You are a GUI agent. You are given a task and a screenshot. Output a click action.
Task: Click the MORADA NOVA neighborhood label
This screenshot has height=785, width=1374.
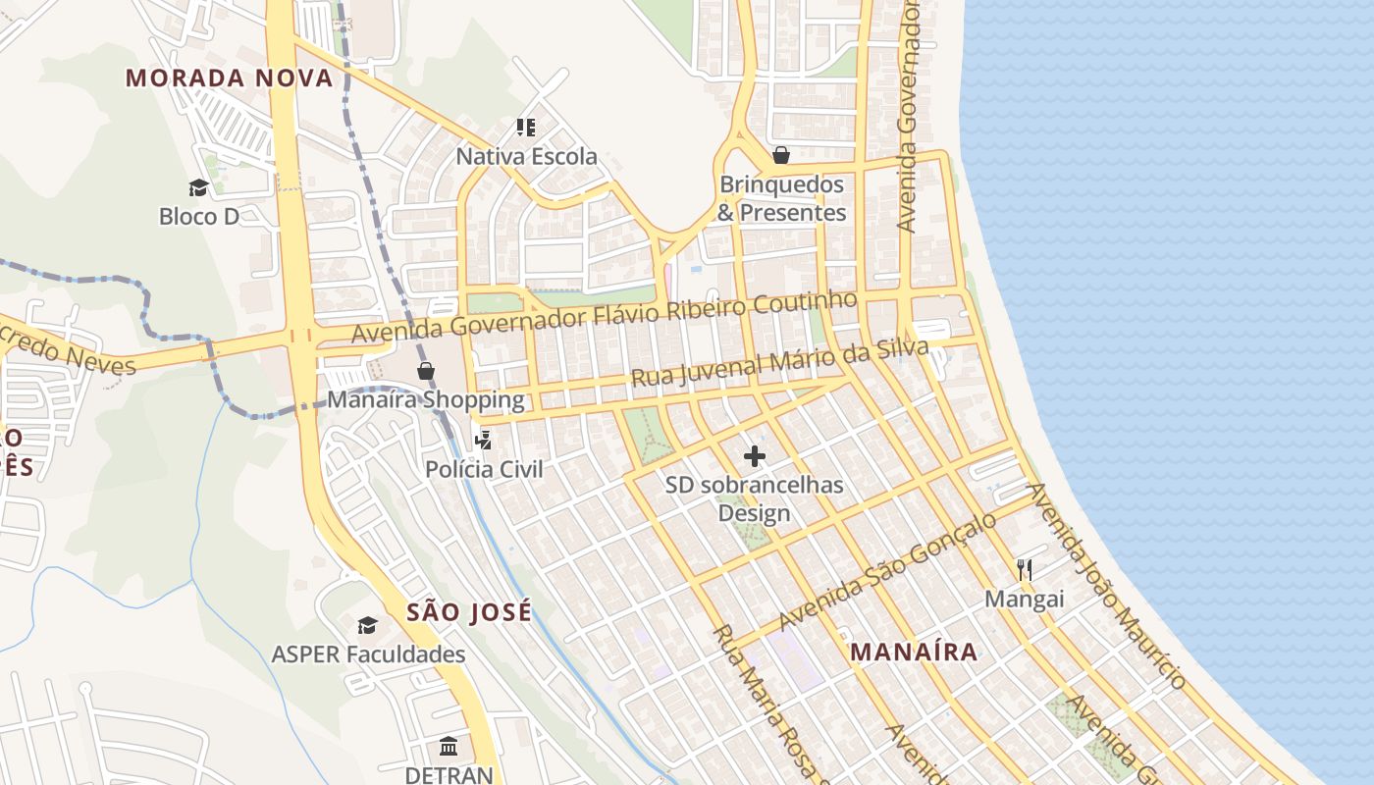(x=230, y=78)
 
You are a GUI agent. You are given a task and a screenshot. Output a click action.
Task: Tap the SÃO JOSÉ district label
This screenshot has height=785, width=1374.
(x=469, y=612)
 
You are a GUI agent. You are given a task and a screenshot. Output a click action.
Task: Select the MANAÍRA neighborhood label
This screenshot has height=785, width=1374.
(x=914, y=652)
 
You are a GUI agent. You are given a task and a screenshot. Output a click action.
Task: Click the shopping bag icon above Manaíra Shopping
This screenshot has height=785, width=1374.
(x=426, y=371)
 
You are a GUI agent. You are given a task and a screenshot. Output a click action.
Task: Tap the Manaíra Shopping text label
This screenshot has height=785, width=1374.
(x=426, y=399)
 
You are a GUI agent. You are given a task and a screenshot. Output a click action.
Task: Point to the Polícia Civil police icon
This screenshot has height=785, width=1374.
(x=483, y=441)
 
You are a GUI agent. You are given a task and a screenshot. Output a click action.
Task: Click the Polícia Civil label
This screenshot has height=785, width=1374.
(x=484, y=469)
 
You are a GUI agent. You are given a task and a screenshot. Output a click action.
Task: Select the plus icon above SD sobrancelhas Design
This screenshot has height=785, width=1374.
(x=755, y=456)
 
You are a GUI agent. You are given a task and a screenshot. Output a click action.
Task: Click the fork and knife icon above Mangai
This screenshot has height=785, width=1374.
(x=1025, y=570)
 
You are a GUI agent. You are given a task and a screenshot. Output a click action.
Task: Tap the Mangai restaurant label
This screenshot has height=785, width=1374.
(x=1025, y=599)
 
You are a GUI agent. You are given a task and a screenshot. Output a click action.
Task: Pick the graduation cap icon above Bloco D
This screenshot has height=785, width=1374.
(x=199, y=187)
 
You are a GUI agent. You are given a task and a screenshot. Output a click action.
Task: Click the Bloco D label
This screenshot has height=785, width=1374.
(x=199, y=216)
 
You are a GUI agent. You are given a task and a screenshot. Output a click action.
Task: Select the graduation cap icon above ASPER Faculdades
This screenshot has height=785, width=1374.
(x=368, y=625)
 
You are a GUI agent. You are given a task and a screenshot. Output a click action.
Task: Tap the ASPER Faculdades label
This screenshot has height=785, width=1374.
(x=368, y=654)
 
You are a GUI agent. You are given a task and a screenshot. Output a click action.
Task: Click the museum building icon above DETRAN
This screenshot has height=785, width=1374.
(x=449, y=747)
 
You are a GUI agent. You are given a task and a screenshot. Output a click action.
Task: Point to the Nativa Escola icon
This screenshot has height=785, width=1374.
(x=526, y=128)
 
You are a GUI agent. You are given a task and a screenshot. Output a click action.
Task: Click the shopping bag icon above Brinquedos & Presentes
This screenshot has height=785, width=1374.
(x=781, y=155)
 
